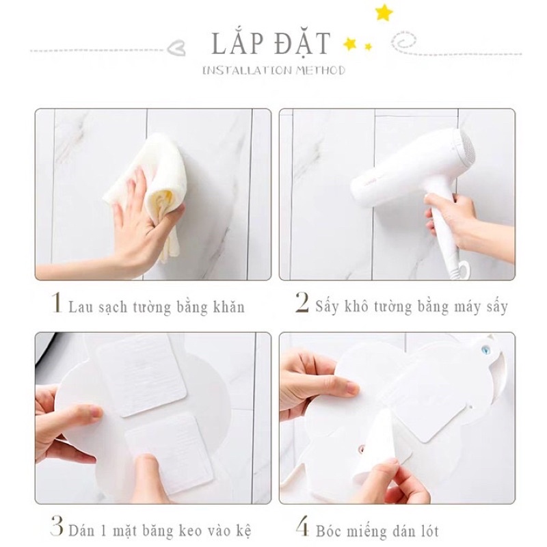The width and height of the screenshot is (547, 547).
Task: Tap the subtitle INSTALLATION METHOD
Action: click(x=274, y=71)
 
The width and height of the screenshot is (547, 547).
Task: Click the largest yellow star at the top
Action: click(x=384, y=13)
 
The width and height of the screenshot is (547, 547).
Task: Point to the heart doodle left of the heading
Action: click(x=176, y=49)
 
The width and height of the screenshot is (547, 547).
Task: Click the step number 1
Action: click(x=57, y=303)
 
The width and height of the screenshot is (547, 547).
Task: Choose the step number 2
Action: click(x=302, y=302)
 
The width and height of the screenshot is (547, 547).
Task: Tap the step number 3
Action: click(x=57, y=525)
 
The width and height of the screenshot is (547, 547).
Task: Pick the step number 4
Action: click(x=302, y=526)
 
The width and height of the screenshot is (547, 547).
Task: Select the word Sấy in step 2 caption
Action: click(x=327, y=306)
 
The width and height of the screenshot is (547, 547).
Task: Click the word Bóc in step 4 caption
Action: click(x=328, y=531)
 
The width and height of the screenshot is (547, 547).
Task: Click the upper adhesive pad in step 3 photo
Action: click(x=142, y=375)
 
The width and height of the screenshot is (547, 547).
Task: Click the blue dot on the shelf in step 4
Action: click(x=484, y=349)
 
